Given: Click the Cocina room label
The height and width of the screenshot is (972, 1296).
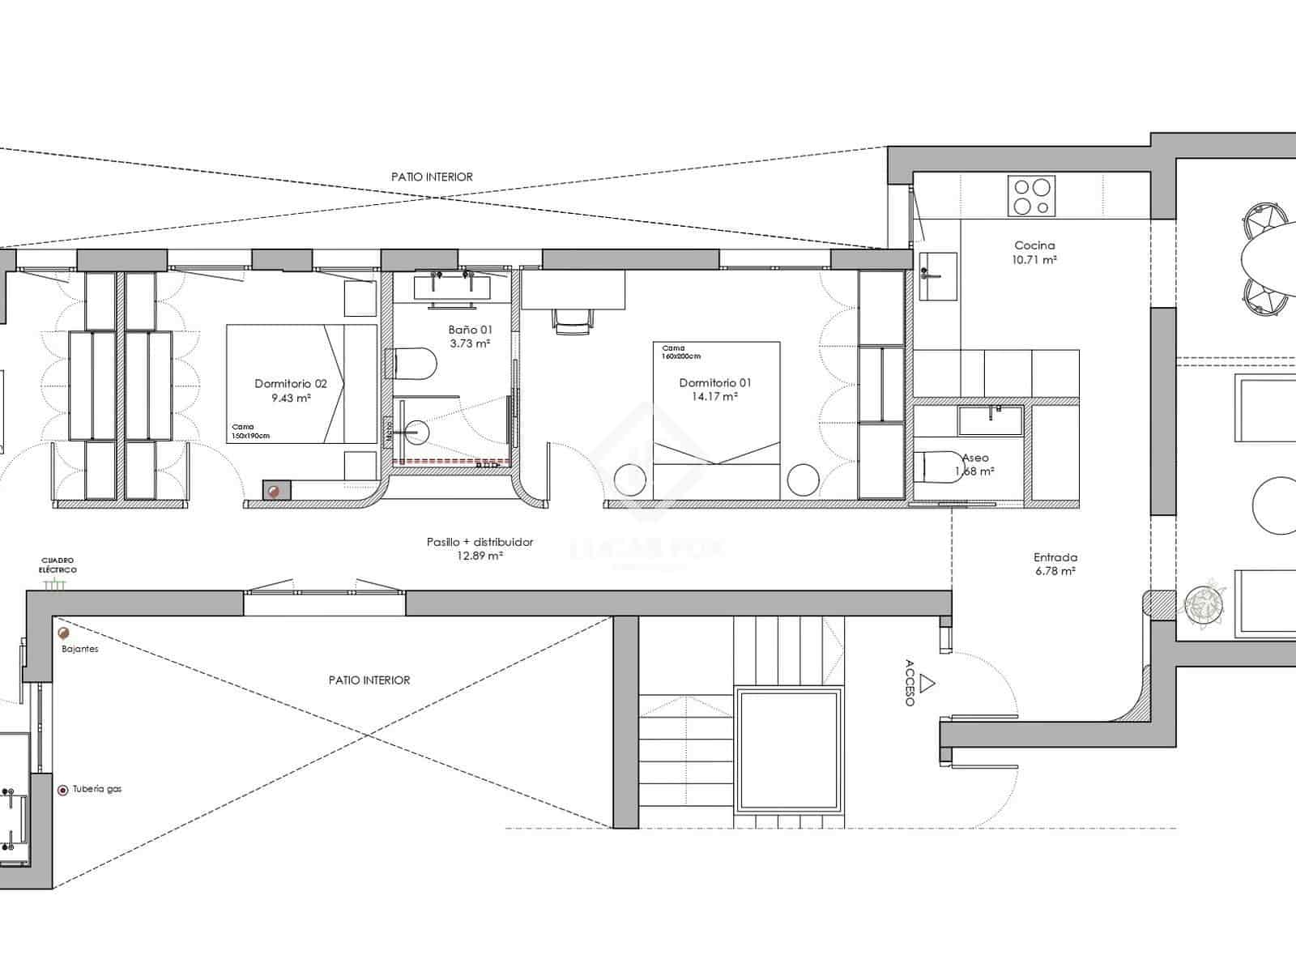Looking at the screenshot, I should pyautogui.click(x=1034, y=245).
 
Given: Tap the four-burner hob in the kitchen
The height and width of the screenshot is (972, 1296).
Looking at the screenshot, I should pyautogui.click(x=1031, y=196).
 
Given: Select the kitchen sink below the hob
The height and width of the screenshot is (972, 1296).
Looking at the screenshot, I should pyautogui.click(x=937, y=276).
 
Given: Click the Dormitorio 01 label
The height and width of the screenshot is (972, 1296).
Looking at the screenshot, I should pyautogui.click(x=715, y=383).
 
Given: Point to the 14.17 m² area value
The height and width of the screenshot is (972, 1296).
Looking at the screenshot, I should pyautogui.click(x=715, y=397).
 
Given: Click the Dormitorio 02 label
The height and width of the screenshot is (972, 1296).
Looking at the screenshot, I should pyautogui.click(x=291, y=384).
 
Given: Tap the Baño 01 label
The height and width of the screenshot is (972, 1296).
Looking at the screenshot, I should pyautogui.click(x=470, y=330).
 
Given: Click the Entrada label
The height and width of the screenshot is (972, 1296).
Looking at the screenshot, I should pyautogui.click(x=1055, y=557).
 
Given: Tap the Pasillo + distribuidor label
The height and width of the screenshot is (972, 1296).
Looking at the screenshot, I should pyautogui.click(x=480, y=542).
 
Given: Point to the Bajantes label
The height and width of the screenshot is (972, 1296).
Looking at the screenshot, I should pyautogui.click(x=79, y=649).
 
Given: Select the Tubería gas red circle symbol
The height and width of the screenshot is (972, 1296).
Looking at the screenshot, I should pyautogui.click(x=62, y=790).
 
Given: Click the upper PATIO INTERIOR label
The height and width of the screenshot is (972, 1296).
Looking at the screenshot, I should pyautogui.click(x=432, y=177).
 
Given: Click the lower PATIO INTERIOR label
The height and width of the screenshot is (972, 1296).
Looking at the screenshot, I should pyautogui.click(x=369, y=680).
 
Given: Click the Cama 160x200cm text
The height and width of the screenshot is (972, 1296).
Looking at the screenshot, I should pyautogui.click(x=680, y=352).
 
